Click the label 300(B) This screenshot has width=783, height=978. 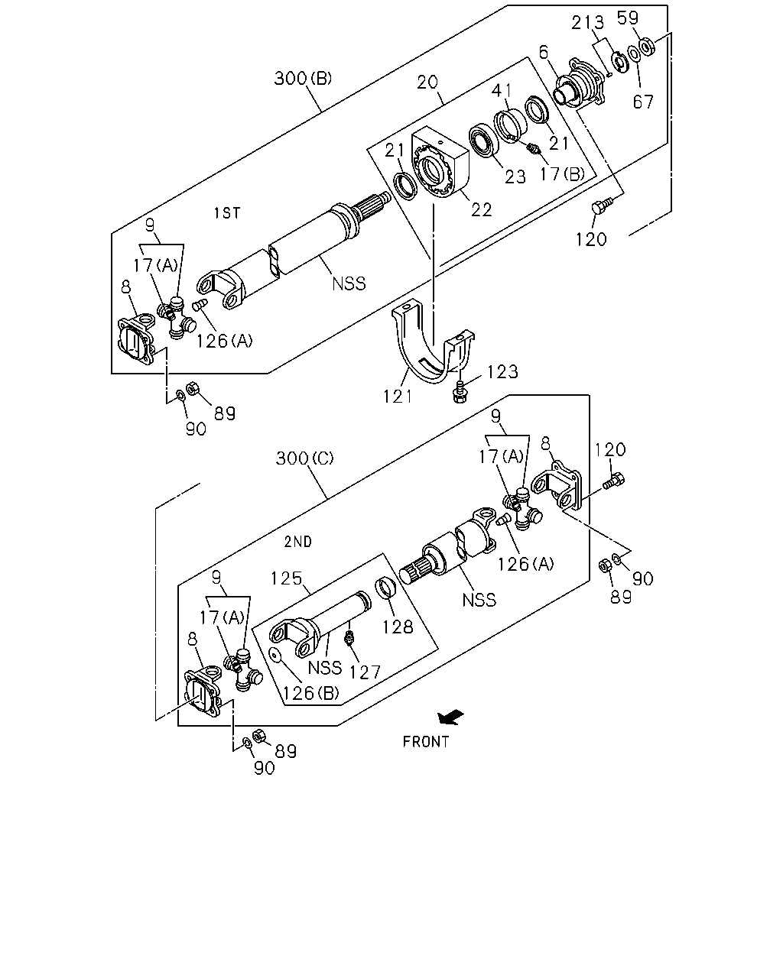[303, 79]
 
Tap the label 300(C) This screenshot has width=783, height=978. [304, 458]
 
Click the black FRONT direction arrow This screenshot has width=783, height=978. [450, 717]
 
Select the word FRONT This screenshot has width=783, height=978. [426, 743]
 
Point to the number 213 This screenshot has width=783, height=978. [588, 22]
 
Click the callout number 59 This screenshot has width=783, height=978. [628, 18]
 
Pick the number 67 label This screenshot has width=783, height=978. [643, 102]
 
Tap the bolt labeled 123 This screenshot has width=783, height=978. [460, 393]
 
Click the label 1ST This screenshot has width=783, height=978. [227, 212]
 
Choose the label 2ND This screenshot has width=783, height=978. [298, 542]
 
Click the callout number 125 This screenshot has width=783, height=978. [287, 578]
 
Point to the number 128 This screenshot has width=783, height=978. [398, 627]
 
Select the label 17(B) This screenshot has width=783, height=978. [562, 173]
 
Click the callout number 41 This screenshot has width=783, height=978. [502, 90]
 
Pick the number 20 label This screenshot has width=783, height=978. [427, 83]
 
